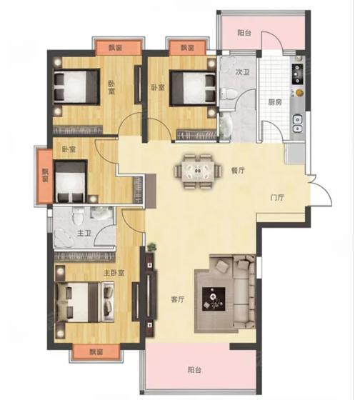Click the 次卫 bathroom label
tap(242, 72)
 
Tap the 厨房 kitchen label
tap(275, 102)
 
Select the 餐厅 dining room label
tap(238, 171)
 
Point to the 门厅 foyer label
tap(277, 197)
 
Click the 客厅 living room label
tap(178, 299)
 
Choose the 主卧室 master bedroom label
tap(114, 273)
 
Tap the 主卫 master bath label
tap(84, 233)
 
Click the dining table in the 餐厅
tap(198, 171)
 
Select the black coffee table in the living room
tap(214, 299)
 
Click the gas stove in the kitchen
tap(297, 74)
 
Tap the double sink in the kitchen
tap(297, 124)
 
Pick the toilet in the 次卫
tap(229, 94)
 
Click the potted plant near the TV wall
tap(151, 247)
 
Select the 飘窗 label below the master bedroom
tap(96, 352)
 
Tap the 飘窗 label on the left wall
tap(45, 175)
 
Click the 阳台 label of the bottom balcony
tap(194, 370)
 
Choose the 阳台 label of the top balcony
tap(244, 33)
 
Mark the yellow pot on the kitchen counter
tap(299, 92)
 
